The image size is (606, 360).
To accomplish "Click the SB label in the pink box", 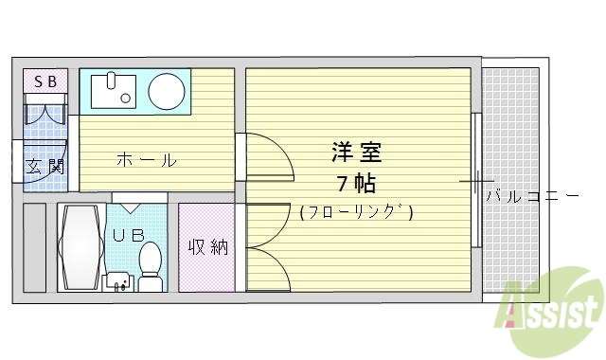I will point(45,82).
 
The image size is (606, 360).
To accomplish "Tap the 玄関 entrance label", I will point(45,168).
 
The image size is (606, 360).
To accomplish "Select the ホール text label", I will point(146,160).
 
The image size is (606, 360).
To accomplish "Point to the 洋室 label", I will point(356,152).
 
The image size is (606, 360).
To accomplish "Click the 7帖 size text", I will point(356,182).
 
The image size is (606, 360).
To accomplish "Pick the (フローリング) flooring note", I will point(356,212).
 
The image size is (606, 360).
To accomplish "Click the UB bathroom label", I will point(130,234).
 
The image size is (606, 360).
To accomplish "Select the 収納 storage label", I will point(207,247).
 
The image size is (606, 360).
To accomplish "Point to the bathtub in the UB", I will point(80,249).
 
